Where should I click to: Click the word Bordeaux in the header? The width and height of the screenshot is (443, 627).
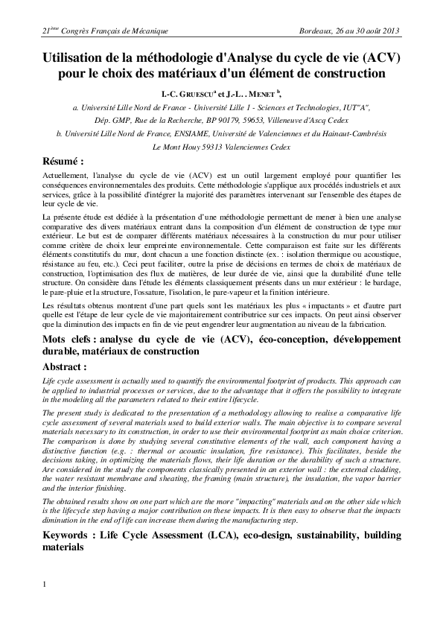[316, 31]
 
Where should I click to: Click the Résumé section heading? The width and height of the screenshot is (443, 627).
[65, 162]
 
